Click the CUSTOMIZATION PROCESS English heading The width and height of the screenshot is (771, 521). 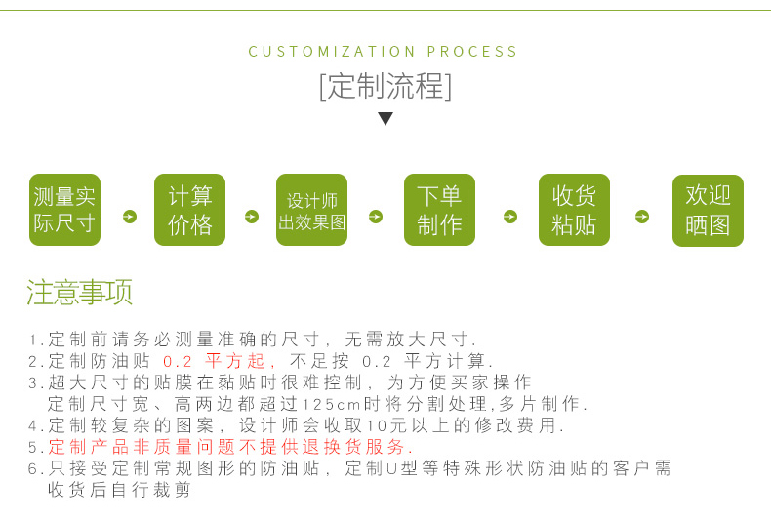click(x=384, y=52)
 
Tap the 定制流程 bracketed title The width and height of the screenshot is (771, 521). click(x=385, y=87)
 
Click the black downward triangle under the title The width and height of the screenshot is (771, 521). click(x=385, y=119)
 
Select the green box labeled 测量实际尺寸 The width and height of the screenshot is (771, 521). click(x=64, y=210)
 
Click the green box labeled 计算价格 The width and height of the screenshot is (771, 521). click(x=189, y=210)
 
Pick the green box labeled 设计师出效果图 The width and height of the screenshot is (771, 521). click(x=311, y=210)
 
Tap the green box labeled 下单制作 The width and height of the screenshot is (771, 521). click(x=439, y=210)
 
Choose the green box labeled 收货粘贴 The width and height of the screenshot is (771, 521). click(x=574, y=210)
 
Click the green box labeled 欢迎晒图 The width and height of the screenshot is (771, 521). click(x=708, y=210)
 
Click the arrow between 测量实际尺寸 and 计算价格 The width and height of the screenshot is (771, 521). click(x=129, y=217)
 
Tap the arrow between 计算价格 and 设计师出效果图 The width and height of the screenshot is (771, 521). click(x=251, y=217)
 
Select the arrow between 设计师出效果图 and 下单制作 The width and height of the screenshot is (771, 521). click(x=376, y=217)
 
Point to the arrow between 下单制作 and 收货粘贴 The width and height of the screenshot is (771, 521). click(x=509, y=217)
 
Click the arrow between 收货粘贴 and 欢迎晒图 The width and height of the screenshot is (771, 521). click(x=642, y=217)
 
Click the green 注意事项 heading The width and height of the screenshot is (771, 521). click(x=80, y=292)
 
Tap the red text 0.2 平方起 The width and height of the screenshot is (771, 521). click(x=214, y=361)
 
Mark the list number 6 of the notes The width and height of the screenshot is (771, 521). click(x=32, y=469)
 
